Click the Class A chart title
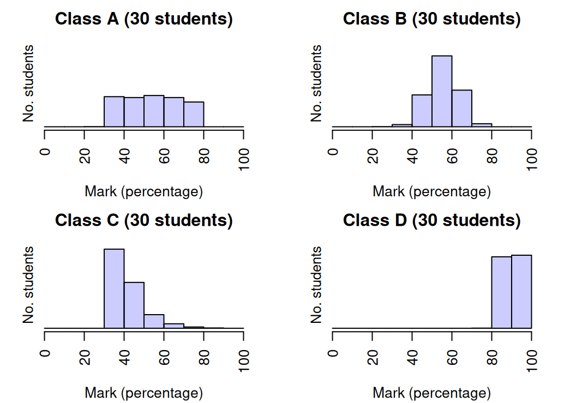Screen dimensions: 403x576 tap(144, 19)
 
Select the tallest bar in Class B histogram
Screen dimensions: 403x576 tap(442, 91)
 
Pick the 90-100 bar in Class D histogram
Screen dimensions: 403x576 tap(521, 292)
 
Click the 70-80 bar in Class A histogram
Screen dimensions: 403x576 tap(194, 115)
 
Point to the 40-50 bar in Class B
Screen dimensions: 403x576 tap(422, 111)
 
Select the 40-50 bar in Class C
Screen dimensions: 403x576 tap(134, 305)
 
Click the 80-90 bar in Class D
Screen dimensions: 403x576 tap(502, 293)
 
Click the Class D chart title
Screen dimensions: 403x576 tap(432, 220)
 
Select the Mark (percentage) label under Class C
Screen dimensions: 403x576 tap(144, 393)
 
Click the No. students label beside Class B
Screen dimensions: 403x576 tap(316, 83)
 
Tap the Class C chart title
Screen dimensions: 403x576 tap(144, 220)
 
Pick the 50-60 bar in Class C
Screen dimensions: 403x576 tap(154, 322)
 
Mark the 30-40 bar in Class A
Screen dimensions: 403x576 tap(114, 112)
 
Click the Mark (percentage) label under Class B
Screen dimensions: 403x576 tap(432, 191)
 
